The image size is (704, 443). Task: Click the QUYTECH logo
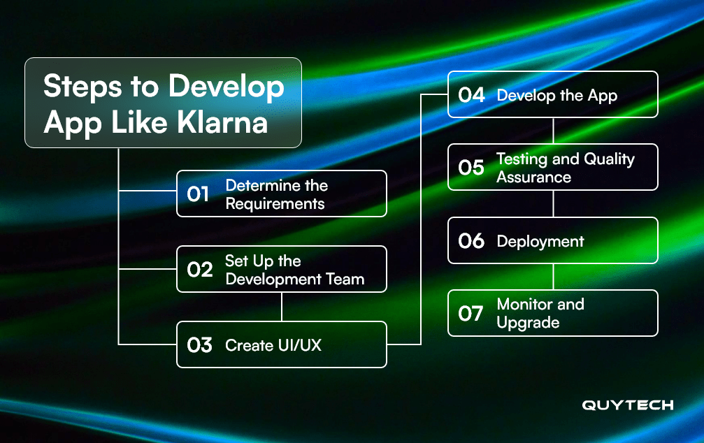[x=628, y=405]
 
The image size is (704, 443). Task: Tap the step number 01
[x=198, y=194]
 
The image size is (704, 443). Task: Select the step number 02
[x=200, y=270]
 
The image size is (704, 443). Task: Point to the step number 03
[x=200, y=345]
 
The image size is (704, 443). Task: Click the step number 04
[x=471, y=95]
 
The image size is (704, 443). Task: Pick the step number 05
[x=471, y=168]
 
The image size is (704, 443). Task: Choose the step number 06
[x=471, y=241]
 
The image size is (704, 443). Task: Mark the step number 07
[x=471, y=314]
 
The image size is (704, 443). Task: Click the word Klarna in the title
[x=222, y=122]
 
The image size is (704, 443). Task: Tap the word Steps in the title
[x=82, y=87]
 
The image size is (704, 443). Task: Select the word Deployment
[x=540, y=242]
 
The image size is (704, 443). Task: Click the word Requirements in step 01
[x=275, y=204]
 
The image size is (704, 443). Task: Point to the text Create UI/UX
[x=273, y=345]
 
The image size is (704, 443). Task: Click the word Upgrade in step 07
[x=528, y=323]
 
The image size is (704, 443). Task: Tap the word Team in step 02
[x=345, y=279]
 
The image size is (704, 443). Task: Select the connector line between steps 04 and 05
[x=553, y=131]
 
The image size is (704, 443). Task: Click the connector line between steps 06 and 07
[x=553, y=277]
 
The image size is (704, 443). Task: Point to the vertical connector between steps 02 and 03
[x=282, y=307]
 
